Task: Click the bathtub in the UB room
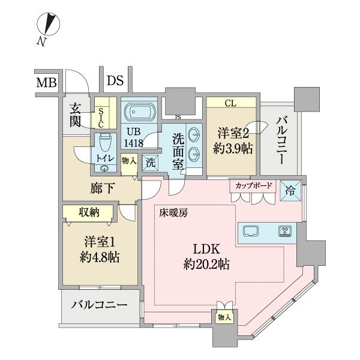(x=139, y=112)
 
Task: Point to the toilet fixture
(x=105, y=143)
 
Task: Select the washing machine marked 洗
(x=149, y=161)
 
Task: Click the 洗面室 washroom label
(x=179, y=152)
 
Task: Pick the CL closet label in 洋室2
(x=230, y=103)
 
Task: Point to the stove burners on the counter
(x=283, y=230)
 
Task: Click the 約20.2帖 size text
(x=207, y=264)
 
